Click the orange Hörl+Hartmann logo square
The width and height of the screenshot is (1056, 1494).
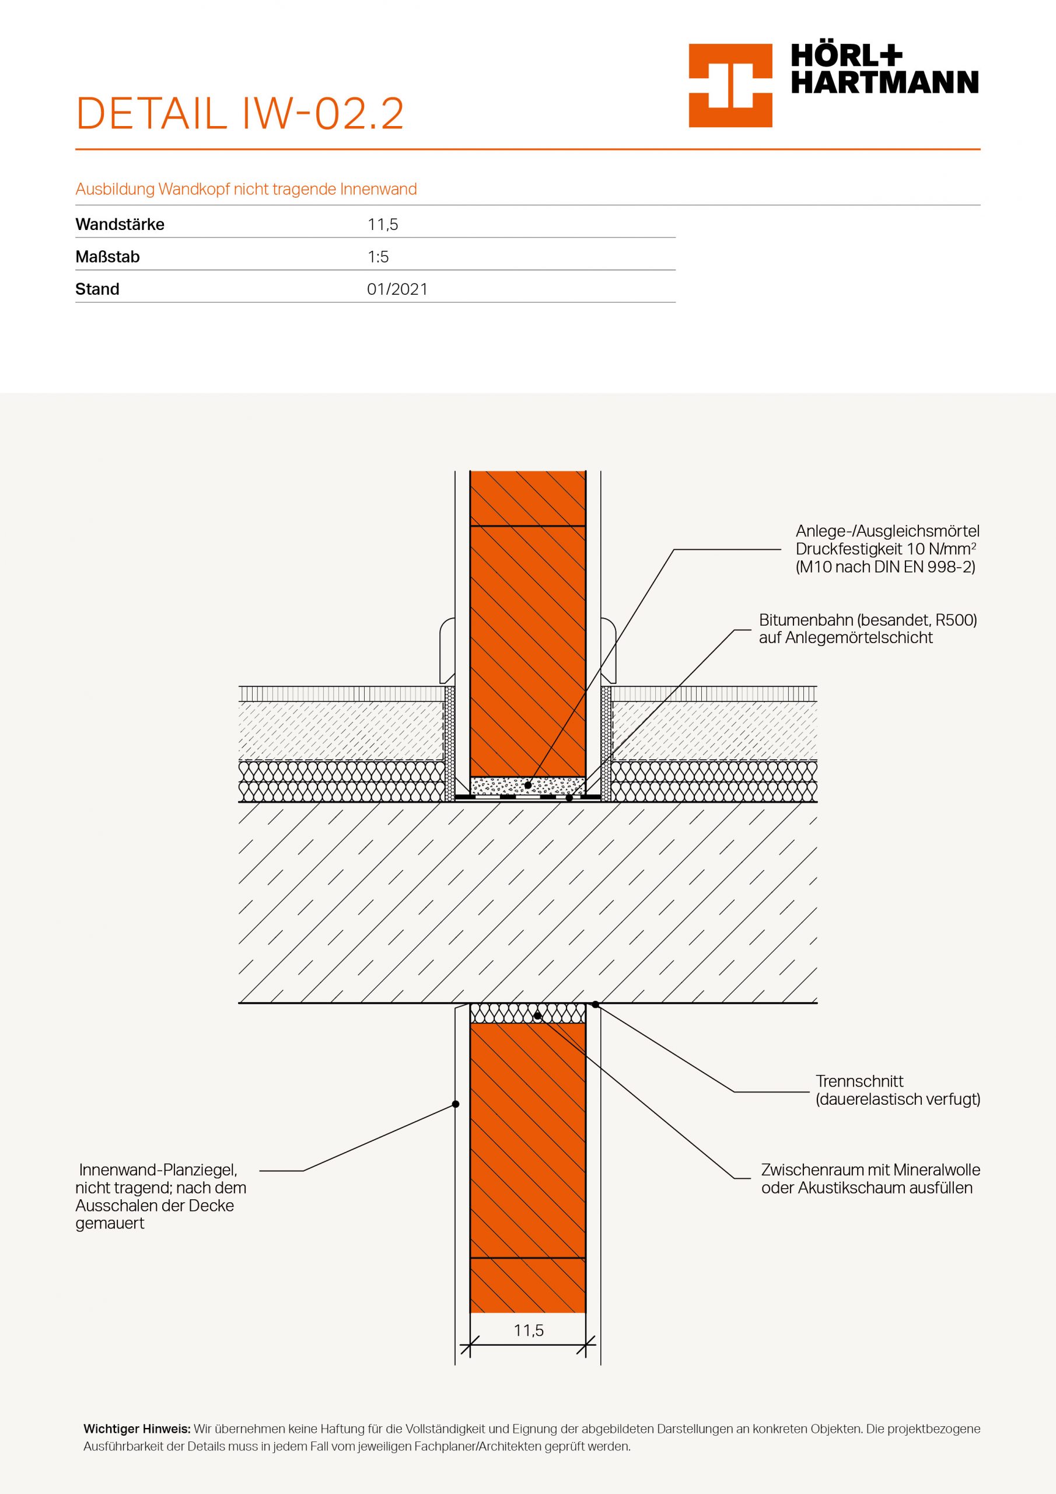click(x=730, y=85)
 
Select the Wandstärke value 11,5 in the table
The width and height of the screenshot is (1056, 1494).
click(x=383, y=225)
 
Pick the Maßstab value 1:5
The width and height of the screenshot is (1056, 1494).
click(x=378, y=257)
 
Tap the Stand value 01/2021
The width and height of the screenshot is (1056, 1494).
click(x=397, y=289)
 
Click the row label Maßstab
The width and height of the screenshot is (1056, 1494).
click(x=107, y=257)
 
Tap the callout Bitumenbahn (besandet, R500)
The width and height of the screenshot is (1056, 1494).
click(x=868, y=620)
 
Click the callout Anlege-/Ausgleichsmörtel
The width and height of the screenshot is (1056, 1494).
click(x=887, y=532)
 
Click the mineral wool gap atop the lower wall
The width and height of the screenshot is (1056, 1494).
click(x=527, y=1013)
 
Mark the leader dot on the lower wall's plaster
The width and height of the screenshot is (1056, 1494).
click(x=456, y=1104)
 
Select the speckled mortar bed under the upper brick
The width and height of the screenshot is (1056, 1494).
click(x=527, y=786)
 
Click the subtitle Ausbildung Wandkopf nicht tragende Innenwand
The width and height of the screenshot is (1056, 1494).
click(x=246, y=189)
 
